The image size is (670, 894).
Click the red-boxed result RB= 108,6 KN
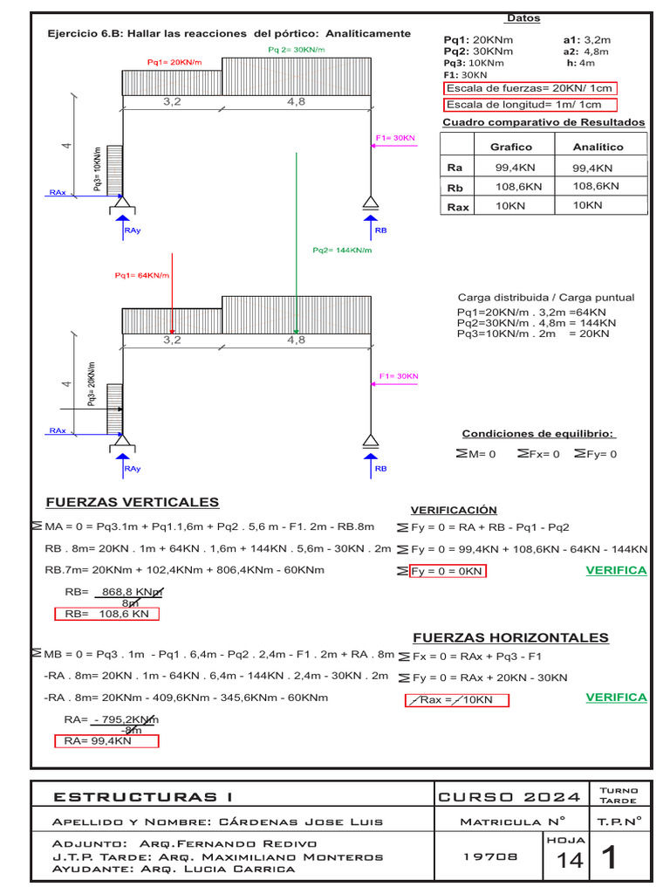click(106, 614)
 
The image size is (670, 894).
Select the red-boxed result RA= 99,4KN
click(106, 741)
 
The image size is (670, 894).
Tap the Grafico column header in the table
click(510, 147)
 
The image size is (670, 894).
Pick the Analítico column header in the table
click(598, 147)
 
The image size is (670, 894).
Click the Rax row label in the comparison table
click(457, 207)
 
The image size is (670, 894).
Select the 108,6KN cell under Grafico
click(519, 187)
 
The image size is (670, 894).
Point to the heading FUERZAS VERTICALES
click(132, 502)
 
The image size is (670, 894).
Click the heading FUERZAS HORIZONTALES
click(510, 637)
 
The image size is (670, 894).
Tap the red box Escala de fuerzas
click(530, 88)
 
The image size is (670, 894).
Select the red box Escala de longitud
click(530, 105)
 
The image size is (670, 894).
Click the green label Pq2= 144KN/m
click(342, 251)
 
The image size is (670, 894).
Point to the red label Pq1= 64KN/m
click(141, 276)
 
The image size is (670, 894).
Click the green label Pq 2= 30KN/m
click(296, 50)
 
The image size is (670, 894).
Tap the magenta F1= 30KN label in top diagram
click(396, 138)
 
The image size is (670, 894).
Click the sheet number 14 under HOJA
click(570, 861)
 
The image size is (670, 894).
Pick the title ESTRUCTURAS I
click(143, 796)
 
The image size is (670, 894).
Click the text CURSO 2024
click(509, 796)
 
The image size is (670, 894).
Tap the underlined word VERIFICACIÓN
click(454, 510)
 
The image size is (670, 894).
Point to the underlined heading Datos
click(523, 18)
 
